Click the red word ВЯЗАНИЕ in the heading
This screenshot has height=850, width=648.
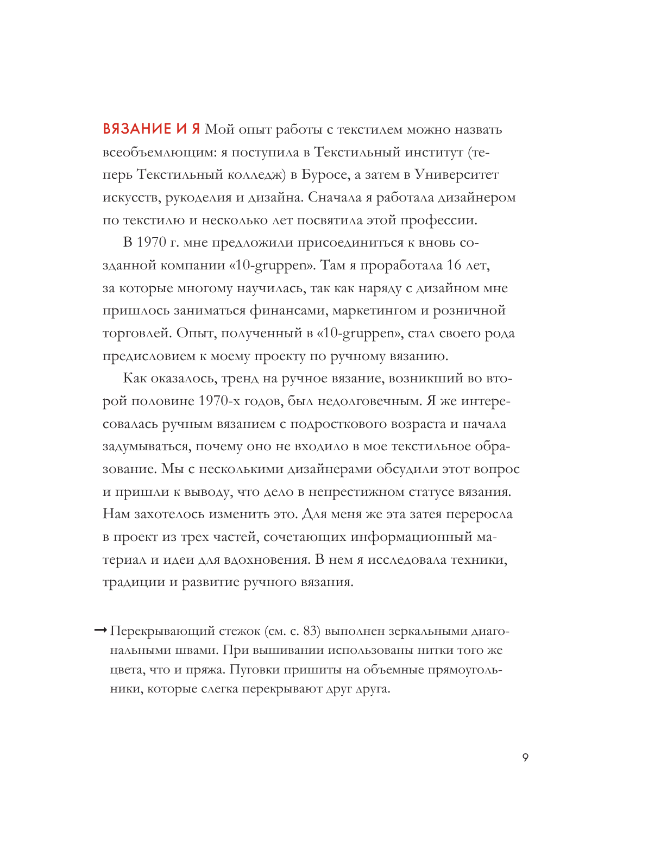137,129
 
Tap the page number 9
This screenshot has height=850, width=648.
525,758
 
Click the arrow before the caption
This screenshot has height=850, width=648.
100,631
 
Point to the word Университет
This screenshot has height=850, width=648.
456,175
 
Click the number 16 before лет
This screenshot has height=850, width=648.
454,266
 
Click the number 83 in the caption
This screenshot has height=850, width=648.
310,631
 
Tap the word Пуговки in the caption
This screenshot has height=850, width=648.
255,670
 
